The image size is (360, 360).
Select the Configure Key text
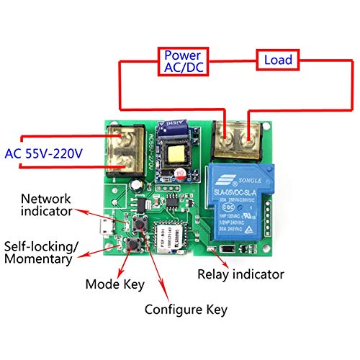point(186,310)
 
